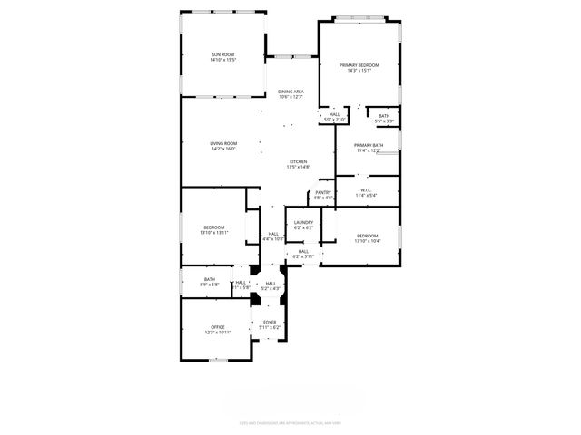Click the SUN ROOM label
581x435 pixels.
(x=223, y=55)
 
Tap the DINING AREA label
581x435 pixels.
(x=290, y=92)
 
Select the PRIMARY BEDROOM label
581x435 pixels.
(x=359, y=65)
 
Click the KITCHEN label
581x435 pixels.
(x=299, y=162)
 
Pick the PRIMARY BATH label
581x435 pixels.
(x=369, y=145)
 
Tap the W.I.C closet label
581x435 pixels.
(x=366, y=189)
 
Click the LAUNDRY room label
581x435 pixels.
(x=303, y=222)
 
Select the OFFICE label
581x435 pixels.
(x=218, y=327)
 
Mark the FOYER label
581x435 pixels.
(x=270, y=322)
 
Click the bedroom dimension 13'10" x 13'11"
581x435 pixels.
(x=214, y=233)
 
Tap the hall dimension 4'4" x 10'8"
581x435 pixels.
(x=273, y=238)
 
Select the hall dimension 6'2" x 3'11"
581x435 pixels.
(x=303, y=256)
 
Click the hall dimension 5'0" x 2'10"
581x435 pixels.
(x=336, y=120)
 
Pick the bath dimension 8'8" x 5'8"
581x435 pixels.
(x=210, y=285)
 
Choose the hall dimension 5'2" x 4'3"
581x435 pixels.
(x=271, y=288)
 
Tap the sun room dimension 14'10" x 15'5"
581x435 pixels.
(x=223, y=61)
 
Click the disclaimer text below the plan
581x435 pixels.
(x=290, y=421)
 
